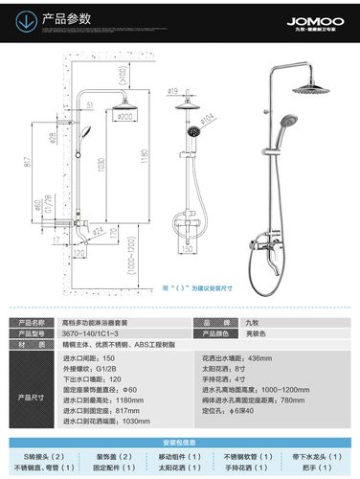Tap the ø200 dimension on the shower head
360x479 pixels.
pyautogui.click(x=125, y=117)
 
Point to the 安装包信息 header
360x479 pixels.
pyautogui.click(x=179, y=443)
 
